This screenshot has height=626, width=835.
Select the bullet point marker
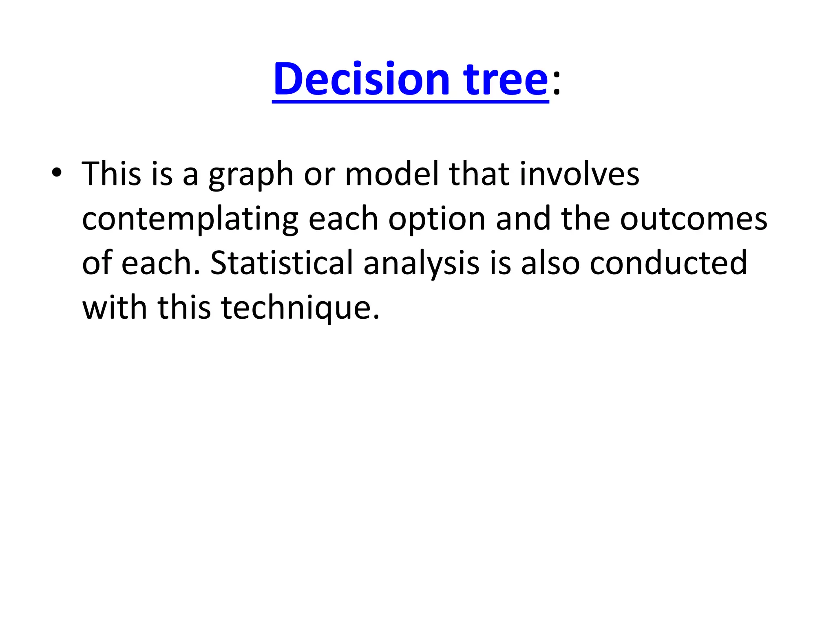point(57,173)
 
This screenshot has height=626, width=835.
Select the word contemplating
point(190,219)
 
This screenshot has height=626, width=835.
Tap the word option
point(437,219)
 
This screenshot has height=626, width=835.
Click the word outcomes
point(694,219)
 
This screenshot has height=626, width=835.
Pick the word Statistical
point(281,263)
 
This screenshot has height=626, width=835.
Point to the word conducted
point(668,263)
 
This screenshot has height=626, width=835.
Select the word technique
point(300,308)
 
